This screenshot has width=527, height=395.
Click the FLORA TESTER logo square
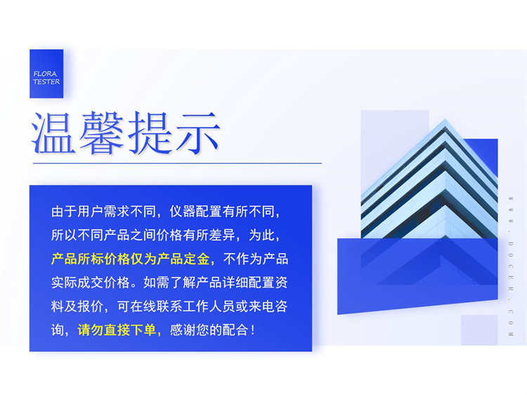click(46, 73)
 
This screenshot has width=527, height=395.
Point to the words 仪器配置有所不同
click(227, 212)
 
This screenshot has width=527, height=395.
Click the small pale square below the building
click(479, 330)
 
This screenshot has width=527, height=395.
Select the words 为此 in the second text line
click(266, 235)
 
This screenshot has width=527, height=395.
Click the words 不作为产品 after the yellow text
click(256, 259)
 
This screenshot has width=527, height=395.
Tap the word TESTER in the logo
click(46, 82)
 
